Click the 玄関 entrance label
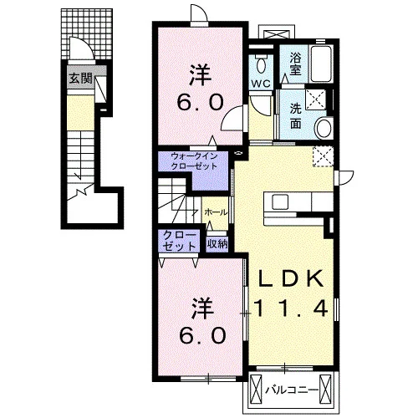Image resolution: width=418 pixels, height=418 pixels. point(80,79)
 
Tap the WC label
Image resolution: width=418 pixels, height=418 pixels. point(261,84)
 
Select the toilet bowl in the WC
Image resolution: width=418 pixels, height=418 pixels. point(262,65)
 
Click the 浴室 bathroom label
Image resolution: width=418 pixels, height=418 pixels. point(295,64)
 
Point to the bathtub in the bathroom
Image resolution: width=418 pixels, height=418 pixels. point(321,64)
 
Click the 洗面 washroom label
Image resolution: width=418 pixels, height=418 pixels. point(295,115)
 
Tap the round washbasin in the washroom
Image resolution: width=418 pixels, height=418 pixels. point(324,128)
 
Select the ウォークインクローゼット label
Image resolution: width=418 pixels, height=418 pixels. point(194,161)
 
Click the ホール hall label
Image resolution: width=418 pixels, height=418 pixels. point(216,212)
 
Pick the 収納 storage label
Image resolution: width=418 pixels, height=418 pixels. point(217,244)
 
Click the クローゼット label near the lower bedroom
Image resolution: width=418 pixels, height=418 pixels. point(180,241)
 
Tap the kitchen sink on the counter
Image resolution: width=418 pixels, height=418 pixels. point(280,201)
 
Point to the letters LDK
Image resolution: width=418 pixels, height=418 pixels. point(291,278)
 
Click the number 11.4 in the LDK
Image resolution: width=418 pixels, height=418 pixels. point(290,308)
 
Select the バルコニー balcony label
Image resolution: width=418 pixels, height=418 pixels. point(292,390)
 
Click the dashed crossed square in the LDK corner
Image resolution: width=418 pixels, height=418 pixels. point(323,156)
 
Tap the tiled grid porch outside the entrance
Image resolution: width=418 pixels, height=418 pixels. point(87,34)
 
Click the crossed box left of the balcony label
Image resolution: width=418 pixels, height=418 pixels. point(257,389)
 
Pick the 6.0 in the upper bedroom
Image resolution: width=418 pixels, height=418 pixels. point(200,102)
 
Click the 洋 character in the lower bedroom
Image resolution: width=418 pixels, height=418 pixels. point(202,308)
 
